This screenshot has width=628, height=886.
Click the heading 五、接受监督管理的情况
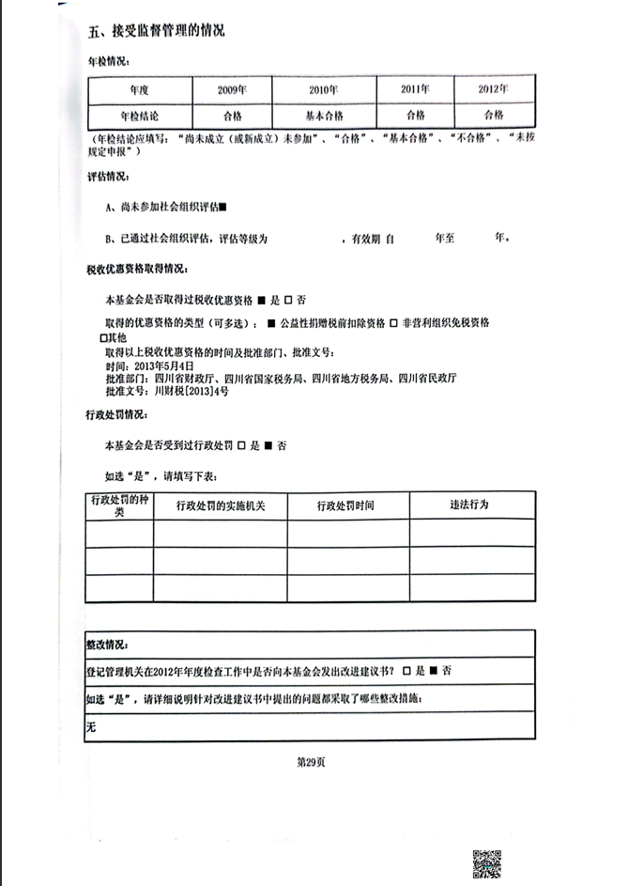point(157,31)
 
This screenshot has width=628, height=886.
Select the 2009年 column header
point(231,90)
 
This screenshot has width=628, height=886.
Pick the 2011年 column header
point(414,90)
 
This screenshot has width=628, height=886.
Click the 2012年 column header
point(494,90)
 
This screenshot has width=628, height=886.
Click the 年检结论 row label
point(140,115)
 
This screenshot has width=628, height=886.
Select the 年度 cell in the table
point(140,90)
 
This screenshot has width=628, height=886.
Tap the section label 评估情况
point(107,177)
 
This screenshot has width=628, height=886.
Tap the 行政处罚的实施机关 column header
point(221,505)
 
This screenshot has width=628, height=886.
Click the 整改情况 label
point(107,645)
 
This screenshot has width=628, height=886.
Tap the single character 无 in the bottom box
point(91,726)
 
